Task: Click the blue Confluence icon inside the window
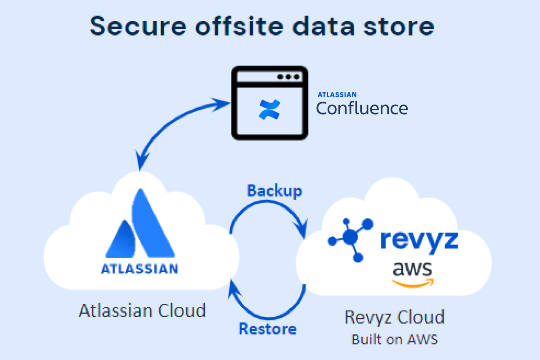point(270,110)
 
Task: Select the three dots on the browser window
point(288,76)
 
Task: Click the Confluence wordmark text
point(362,108)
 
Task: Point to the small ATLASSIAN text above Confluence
point(337,95)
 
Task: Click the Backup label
point(274,191)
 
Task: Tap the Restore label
point(267,328)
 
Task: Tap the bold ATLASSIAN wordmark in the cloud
point(139,269)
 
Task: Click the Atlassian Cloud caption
point(142,310)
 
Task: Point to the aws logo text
point(412,269)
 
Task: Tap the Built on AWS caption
point(394,339)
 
